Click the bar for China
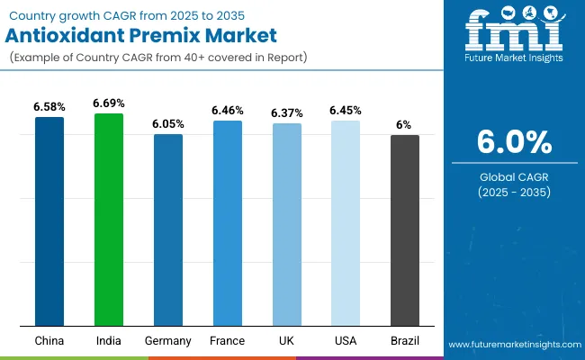(x=49, y=221)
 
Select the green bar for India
(x=109, y=220)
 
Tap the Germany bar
(x=167, y=230)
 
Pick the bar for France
(x=227, y=223)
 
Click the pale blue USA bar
(x=346, y=223)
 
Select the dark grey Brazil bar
(x=404, y=230)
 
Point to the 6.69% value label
(x=109, y=104)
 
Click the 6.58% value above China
(x=49, y=107)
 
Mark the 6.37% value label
(x=286, y=113)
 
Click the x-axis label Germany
(x=167, y=341)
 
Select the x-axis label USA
(x=346, y=341)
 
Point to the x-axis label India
(x=109, y=341)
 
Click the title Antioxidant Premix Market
(x=136, y=37)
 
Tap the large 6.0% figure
(x=512, y=142)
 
